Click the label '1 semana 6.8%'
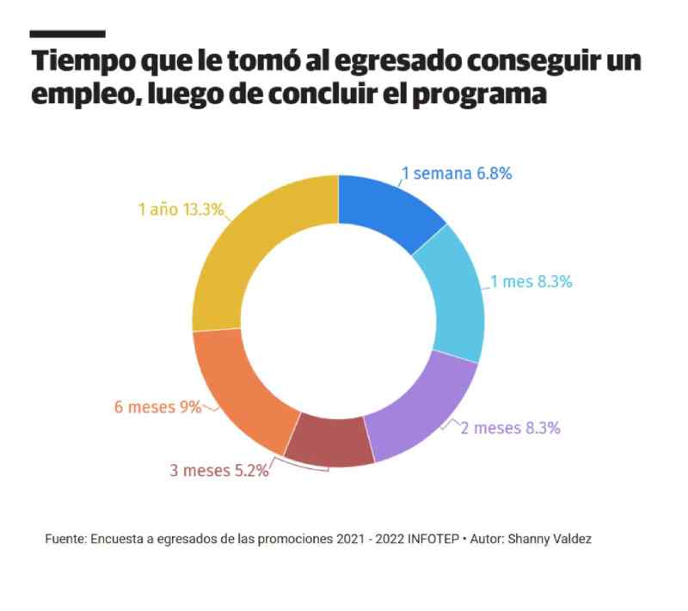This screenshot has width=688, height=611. click(x=457, y=174)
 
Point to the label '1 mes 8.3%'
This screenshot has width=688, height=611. click(x=531, y=281)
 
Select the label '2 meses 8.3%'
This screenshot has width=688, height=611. click(x=516, y=427)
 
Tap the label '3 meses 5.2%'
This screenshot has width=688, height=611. click(x=218, y=470)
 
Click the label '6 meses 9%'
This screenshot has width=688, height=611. click(x=157, y=406)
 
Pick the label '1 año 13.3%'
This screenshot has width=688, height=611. click(x=181, y=209)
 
